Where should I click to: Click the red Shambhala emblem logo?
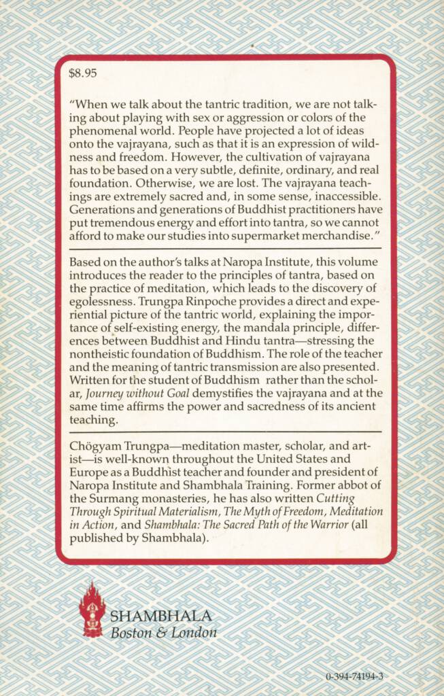pyautogui.click(x=92, y=608)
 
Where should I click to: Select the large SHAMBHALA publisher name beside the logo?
pyautogui.click(x=161, y=616)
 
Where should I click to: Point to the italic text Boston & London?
pyautogui.click(x=163, y=632)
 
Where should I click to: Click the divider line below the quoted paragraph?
pyautogui.click(x=225, y=269)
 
